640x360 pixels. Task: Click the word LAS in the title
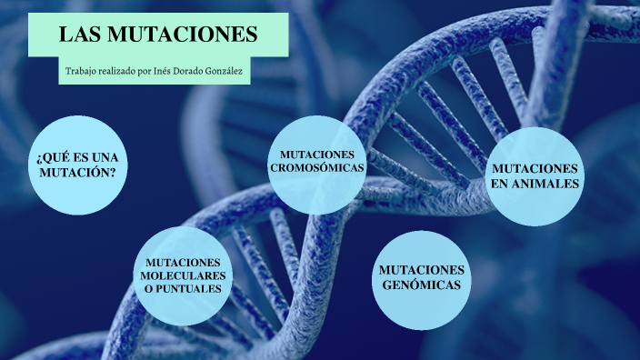pyautogui.click(x=79, y=35)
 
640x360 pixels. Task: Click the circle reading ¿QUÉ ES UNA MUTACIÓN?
pyautogui.click(x=77, y=165)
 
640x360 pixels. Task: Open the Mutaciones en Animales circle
pyautogui.click(x=535, y=176)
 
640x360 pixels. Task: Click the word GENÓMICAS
pyautogui.click(x=421, y=285)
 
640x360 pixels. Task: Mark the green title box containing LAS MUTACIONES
pyautogui.click(x=158, y=35)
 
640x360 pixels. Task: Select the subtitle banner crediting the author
pyautogui.click(x=154, y=71)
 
